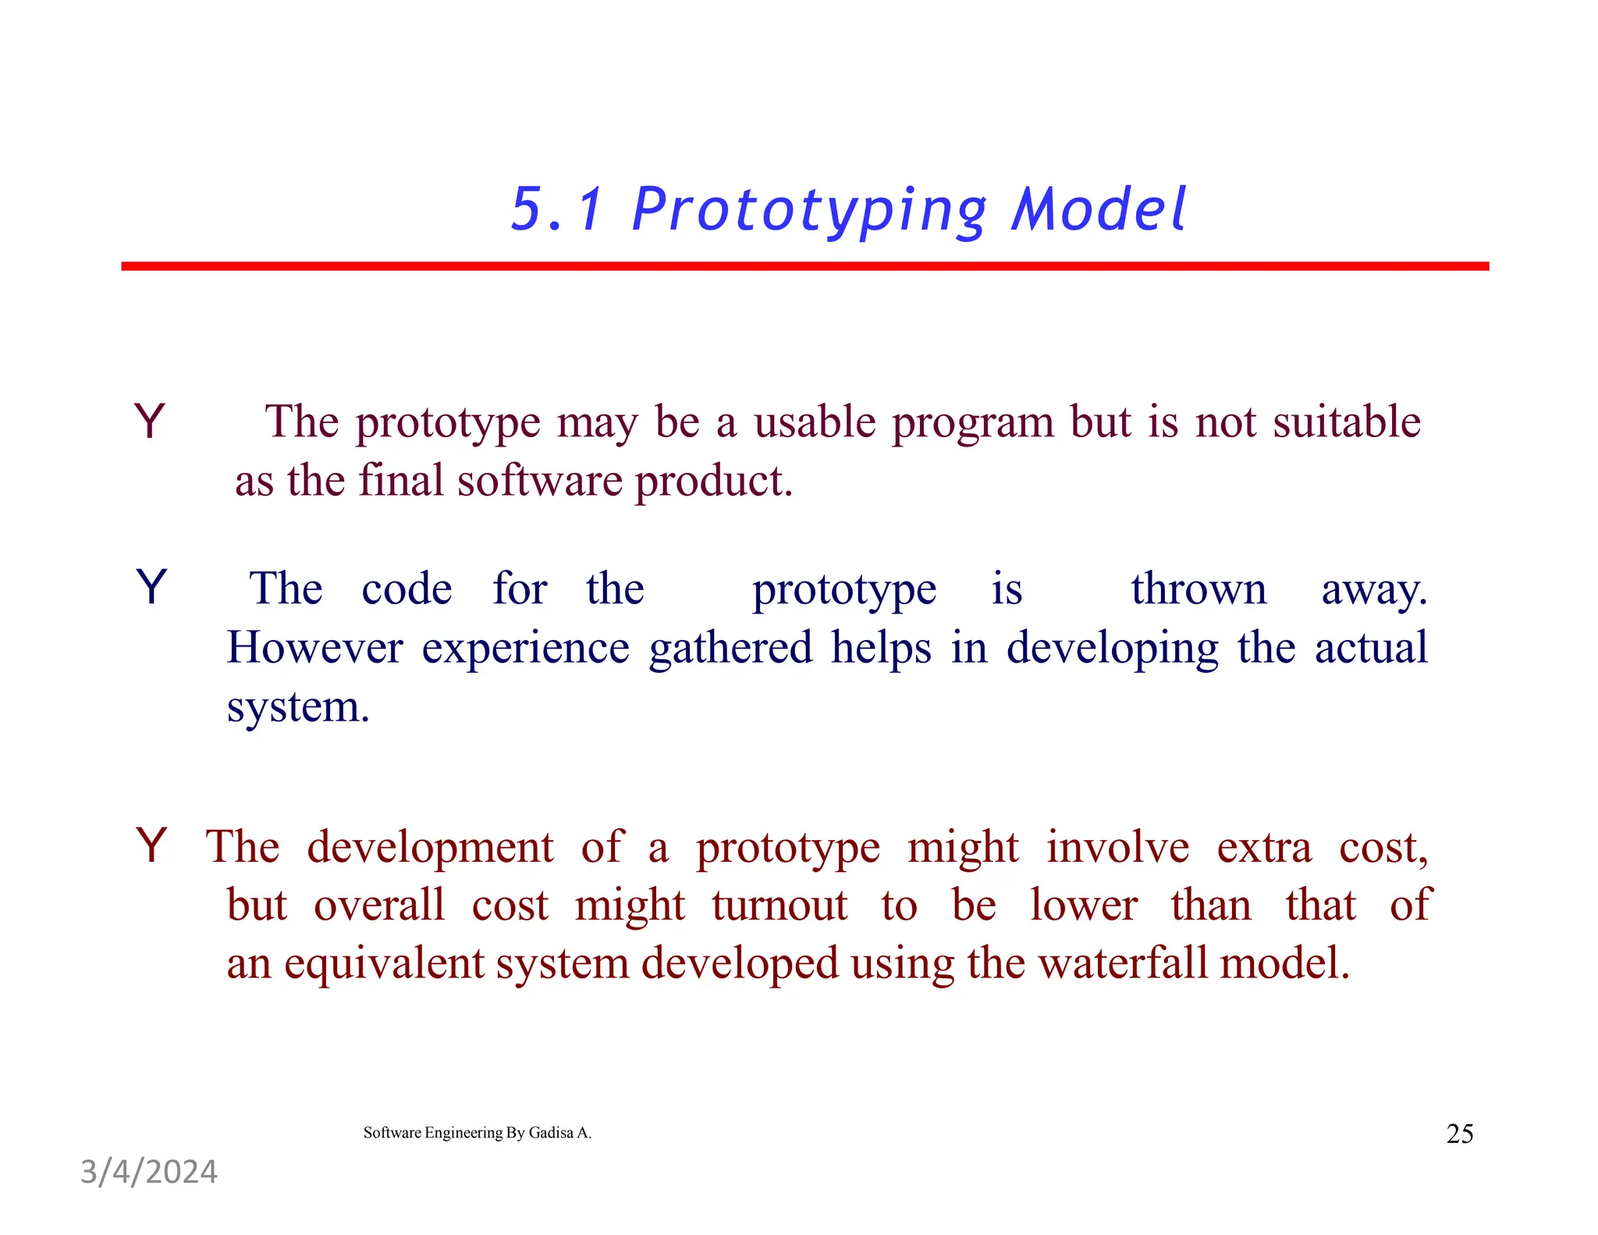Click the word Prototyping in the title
tap(809, 211)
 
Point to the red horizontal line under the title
tap(804, 266)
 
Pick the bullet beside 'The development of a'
tap(151, 845)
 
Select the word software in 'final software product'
tap(540, 481)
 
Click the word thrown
tap(1198, 589)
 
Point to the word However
tap(314, 647)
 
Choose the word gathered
tap(730, 647)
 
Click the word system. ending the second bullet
tap(297, 707)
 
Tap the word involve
tap(1117, 847)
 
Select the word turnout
tap(779, 906)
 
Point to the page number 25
tap(1459, 1134)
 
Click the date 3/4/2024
tap(149, 1172)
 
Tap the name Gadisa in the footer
tap(551, 1133)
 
